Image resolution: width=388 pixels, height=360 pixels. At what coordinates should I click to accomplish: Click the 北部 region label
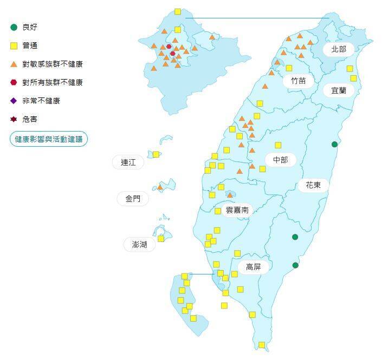tap(339, 49)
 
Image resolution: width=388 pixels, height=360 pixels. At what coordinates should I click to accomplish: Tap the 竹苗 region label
tap(298, 81)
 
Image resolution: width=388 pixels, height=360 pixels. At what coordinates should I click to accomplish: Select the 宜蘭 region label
tap(339, 90)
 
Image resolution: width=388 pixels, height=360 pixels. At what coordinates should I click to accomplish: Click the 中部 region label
tap(280, 160)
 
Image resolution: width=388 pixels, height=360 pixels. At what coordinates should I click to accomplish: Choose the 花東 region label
tap(313, 185)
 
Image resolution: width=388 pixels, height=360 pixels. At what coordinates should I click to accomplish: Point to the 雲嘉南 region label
tap(237, 210)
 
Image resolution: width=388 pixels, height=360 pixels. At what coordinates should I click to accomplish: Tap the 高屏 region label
tap(253, 267)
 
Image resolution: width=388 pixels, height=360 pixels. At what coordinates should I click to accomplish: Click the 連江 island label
tap(128, 162)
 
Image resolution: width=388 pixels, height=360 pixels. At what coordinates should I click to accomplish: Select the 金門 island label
tap(133, 199)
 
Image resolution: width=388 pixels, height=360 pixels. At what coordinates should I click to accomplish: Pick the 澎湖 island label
tap(135, 244)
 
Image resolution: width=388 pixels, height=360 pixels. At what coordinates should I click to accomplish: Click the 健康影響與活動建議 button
tap(49, 139)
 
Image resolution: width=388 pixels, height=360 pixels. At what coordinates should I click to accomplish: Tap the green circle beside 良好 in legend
tap(14, 27)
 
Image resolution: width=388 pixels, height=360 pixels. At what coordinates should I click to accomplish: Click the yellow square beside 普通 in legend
tap(14, 45)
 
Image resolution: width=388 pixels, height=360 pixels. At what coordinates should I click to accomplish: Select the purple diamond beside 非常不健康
tap(14, 101)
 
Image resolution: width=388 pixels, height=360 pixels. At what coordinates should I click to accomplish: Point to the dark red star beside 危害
tap(14, 119)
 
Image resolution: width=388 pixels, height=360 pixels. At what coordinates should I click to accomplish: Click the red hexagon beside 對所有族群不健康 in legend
tap(14, 82)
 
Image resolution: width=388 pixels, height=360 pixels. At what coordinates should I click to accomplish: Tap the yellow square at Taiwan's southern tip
tap(262, 345)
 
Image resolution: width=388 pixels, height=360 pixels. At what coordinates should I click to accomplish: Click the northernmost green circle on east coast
tap(335, 144)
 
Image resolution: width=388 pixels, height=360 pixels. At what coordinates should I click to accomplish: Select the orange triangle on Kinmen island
tap(160, 187)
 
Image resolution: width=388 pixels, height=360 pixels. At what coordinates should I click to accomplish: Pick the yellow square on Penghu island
tap(161, 238)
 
